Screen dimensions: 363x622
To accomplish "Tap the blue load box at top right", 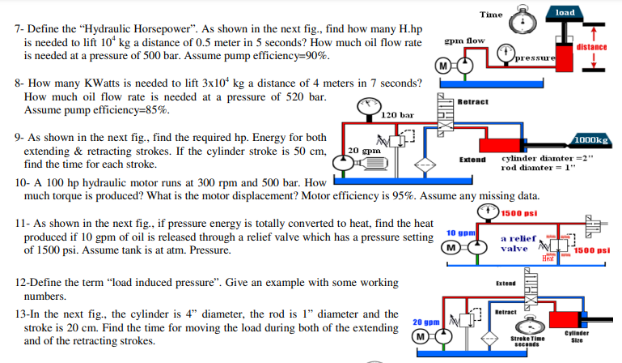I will click(564, 12).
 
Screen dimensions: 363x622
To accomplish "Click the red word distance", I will click(592, 47).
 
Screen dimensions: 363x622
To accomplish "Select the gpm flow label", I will click(465, 40).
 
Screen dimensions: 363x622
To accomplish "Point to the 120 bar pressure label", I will click(398, 116).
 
